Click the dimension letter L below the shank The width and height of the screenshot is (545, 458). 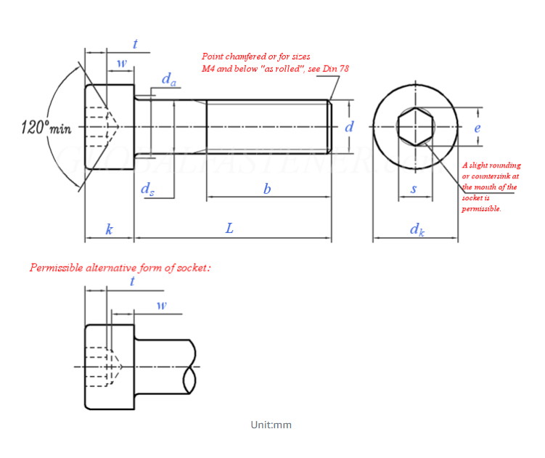(229, 229)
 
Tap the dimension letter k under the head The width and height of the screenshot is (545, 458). (110, 229)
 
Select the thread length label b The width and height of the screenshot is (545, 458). (267, 189)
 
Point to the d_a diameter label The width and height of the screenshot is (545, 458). (168, 80)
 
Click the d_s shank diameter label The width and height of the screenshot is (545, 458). (147, 189)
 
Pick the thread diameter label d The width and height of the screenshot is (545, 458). (349, 126)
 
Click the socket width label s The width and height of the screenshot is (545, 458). (414, 189)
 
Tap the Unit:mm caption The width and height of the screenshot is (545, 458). (271, 425)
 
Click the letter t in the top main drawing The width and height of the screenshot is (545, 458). (135, 45)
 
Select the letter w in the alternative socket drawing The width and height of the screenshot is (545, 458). (161, 305)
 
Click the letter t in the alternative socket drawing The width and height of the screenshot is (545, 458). (131, 281)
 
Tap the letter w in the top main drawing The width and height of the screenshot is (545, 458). (121, 63)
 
